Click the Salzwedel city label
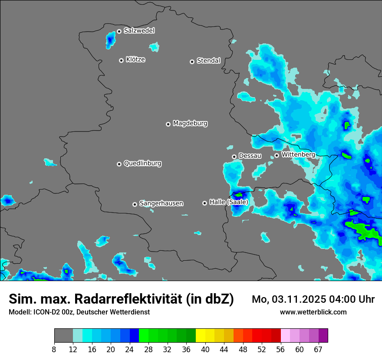point(139,31)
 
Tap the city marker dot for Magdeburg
point(168,124)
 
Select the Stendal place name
point(208,61)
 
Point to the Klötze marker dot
point(121,60)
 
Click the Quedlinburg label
point(142,164)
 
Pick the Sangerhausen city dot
point(135,204)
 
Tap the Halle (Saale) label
point(229,202)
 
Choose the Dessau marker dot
point(234,157)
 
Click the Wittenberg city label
point(298,154)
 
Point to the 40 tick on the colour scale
point(205,350)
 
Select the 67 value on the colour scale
point(319,350)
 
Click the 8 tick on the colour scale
point(54,350)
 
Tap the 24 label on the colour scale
point(129,350)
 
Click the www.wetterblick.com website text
point(313,312)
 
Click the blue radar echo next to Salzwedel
point(109,41)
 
